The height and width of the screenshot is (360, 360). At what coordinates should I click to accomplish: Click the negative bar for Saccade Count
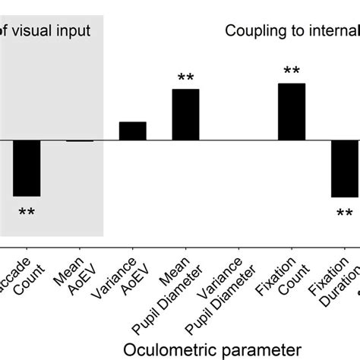point(27,168)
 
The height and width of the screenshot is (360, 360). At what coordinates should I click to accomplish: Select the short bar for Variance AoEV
point(133,131)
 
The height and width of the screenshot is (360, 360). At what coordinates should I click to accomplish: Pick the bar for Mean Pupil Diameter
point(185,115)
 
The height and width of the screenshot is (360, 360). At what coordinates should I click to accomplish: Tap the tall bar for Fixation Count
point(292,112)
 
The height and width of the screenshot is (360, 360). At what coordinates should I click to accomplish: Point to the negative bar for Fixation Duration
point(343,169)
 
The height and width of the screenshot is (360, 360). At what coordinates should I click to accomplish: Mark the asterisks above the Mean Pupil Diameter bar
point(185,77)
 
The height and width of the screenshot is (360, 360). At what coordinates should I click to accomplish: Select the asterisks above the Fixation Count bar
point(292,71)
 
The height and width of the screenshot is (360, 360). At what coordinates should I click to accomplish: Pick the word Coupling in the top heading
point(254,31)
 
